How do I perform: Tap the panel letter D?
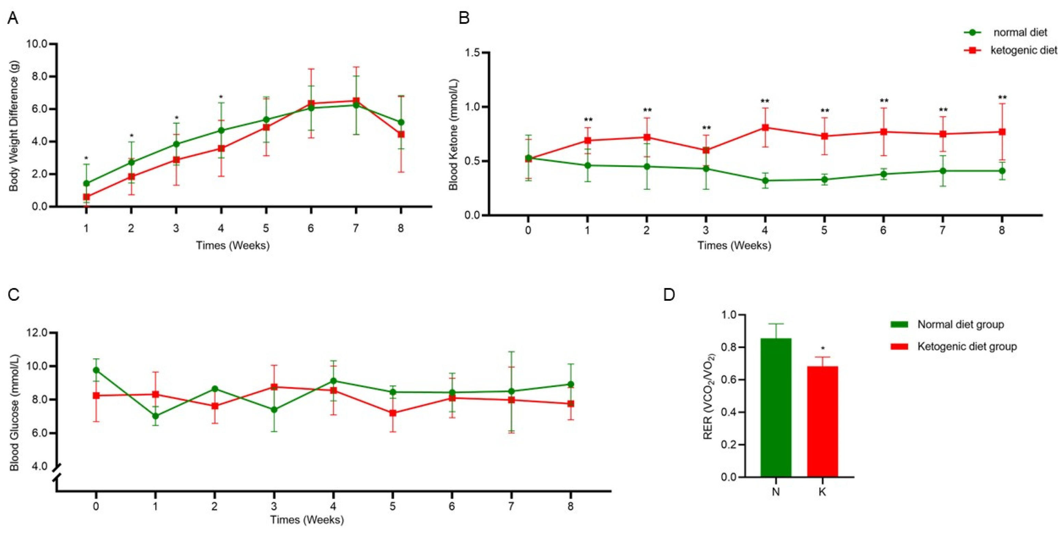tap(669, 295)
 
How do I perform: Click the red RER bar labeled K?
tap(822, 421)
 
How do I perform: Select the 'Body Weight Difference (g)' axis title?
tap(14, 126)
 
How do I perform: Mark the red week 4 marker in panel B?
tap(765, 127)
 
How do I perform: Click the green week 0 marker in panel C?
tap(96, 370)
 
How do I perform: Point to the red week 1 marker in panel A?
tap(86, 197)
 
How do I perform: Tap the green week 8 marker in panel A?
tap(401, 122)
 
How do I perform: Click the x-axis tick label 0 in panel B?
tap(528, 230)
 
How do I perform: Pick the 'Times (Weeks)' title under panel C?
tap(307, 519)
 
